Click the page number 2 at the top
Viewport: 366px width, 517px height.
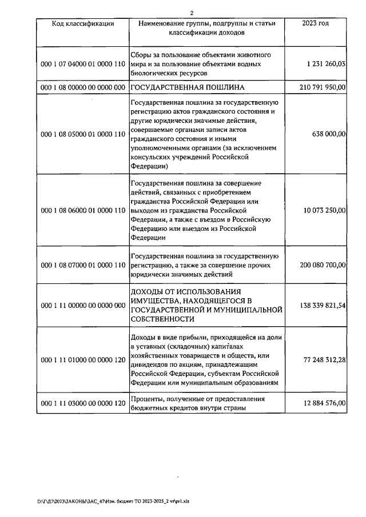[x=192, y=13]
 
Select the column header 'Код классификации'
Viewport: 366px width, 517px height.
[x=83, y=23]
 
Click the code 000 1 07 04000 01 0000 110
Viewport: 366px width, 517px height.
[x=83, y=65]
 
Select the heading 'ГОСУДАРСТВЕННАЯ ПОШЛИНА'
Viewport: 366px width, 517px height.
[x=188, y=87]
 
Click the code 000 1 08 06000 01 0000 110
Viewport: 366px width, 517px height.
[x=83, y=210]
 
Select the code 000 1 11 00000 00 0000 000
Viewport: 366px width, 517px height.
[x=83, y=306]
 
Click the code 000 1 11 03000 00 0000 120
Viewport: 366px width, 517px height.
[x=83, y=403]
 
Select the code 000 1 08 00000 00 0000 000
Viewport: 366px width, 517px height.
[x=83, y=87]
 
